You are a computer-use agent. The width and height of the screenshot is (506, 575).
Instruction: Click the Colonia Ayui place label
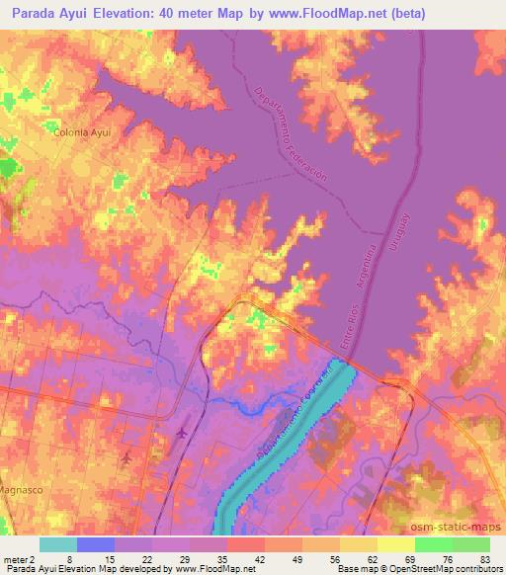(x=81, y=130)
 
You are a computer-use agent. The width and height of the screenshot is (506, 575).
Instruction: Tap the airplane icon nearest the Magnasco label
(x=127, y=459)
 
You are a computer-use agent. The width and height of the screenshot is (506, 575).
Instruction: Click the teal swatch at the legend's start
(x=58, y=544)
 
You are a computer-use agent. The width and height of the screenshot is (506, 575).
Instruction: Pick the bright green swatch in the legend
(x=434, y=544)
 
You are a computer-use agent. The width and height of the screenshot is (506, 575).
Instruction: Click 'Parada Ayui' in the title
(x=46, y=13)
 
